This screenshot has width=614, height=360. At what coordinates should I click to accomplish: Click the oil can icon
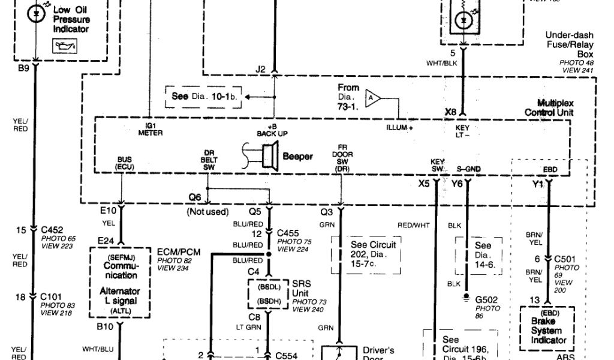(61, 46)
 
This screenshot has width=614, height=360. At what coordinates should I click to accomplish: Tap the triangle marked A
(372, 97)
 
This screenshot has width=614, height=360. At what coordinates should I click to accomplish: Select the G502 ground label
(486, 299)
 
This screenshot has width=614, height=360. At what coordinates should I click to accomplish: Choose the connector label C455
(288, 232)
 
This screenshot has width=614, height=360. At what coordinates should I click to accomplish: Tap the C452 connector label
(52, 229)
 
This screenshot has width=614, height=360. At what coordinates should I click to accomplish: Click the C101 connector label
(52, 296)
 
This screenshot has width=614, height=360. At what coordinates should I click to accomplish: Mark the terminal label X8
(451, 112)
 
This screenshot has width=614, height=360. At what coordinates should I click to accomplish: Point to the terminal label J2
(260, 70)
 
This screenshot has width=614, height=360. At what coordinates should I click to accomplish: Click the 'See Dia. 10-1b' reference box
(204, 96)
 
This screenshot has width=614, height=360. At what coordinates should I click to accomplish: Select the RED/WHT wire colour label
(413, 226)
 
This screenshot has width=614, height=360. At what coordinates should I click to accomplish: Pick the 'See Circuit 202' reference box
(366, 254)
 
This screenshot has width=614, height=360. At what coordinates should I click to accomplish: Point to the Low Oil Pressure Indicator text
(71, 19)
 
